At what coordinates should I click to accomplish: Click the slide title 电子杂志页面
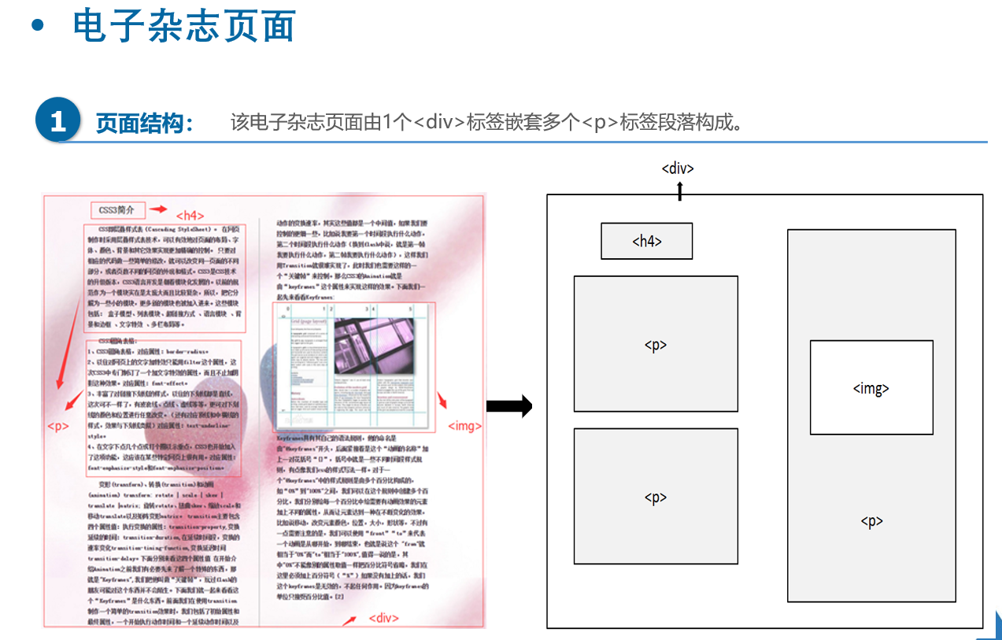point(183,26)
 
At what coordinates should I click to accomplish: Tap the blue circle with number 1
point(58,120)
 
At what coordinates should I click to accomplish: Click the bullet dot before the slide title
point(36,26)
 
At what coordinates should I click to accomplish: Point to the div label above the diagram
point(678,168)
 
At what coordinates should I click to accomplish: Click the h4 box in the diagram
point(646,241)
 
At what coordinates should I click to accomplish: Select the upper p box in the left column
point(656,344)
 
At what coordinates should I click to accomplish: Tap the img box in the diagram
point(871,387)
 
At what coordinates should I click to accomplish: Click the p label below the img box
point(871,521)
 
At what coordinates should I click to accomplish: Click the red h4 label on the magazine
point(190,215)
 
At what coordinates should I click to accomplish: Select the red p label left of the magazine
point(58,426)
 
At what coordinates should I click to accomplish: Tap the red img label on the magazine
point(464,426)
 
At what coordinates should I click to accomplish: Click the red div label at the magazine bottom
point(385,617)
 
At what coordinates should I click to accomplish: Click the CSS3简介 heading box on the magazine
point(118,210)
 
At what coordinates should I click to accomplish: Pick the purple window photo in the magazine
point(373,345)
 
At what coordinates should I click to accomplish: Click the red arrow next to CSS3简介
point(159,209)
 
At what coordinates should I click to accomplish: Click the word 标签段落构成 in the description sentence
point(681,123)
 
